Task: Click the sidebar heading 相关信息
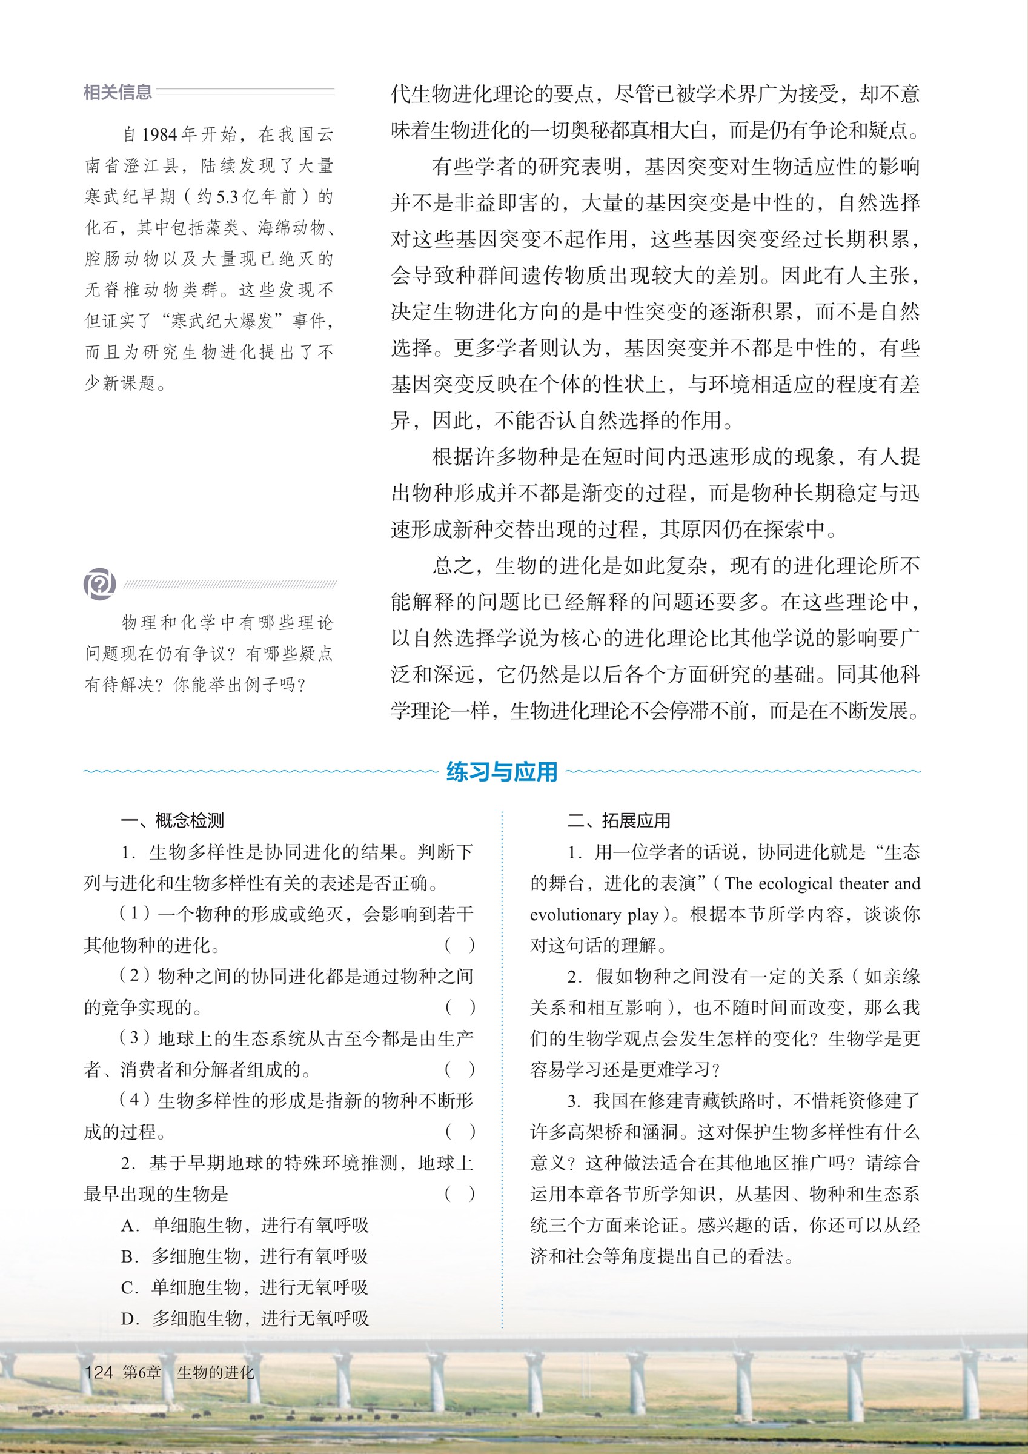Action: coord(118,93)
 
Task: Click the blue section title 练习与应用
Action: coord(501,771)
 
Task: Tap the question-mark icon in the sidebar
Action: coord(99,583)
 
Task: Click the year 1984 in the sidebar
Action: coord(159,134)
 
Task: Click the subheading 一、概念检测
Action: coord(171,821)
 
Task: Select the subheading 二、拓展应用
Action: coord(618,821)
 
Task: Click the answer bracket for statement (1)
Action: coord(459,946)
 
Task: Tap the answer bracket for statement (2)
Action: coord(459,1008)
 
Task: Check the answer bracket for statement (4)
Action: coord(459,1132)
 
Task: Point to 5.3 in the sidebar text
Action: coord(227,197)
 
